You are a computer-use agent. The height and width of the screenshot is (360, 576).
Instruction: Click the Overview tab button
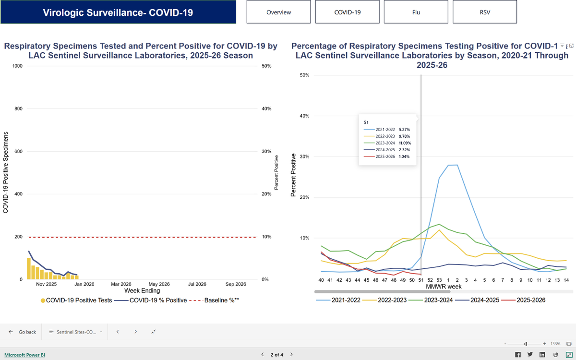click(278, 12)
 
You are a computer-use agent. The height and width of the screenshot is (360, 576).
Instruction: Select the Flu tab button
click(416, 12)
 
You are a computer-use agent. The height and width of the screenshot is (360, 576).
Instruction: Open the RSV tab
click(485, 12)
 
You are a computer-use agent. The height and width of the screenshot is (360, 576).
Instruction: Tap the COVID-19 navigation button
click(348, 12)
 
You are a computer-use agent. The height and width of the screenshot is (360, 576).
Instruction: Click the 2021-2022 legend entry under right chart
click(338, 300)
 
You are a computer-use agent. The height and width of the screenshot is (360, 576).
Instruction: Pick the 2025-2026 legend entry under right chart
click(523, 300)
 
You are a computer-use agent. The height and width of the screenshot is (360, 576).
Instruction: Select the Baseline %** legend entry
click(214, 300)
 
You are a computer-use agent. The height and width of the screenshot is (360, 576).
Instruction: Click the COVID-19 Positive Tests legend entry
click(76, 300)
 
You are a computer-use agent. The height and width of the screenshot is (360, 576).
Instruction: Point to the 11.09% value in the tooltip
click(405, 143)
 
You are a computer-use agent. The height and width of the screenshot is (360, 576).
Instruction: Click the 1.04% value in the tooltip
click(404, 156)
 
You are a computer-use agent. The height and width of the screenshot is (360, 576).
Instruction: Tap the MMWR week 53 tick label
click(439, 280)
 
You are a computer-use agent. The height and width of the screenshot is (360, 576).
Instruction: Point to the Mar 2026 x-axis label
click(121, 284)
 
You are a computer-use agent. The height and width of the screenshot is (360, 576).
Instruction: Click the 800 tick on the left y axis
click(18, 109)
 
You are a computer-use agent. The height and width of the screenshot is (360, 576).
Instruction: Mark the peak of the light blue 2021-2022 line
click(453, 165)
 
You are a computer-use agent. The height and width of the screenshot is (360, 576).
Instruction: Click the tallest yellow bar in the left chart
click(29, 268)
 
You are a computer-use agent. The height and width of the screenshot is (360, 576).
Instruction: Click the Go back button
click(22, 332)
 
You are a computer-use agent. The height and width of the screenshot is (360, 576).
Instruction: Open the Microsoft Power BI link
click(24, 355)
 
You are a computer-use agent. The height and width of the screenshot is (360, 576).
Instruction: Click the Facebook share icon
click(518, 355)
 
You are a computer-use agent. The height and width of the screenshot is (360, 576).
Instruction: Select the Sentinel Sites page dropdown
click(76, 332)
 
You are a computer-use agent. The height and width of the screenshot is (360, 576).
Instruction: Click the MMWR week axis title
click(444, 287)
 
